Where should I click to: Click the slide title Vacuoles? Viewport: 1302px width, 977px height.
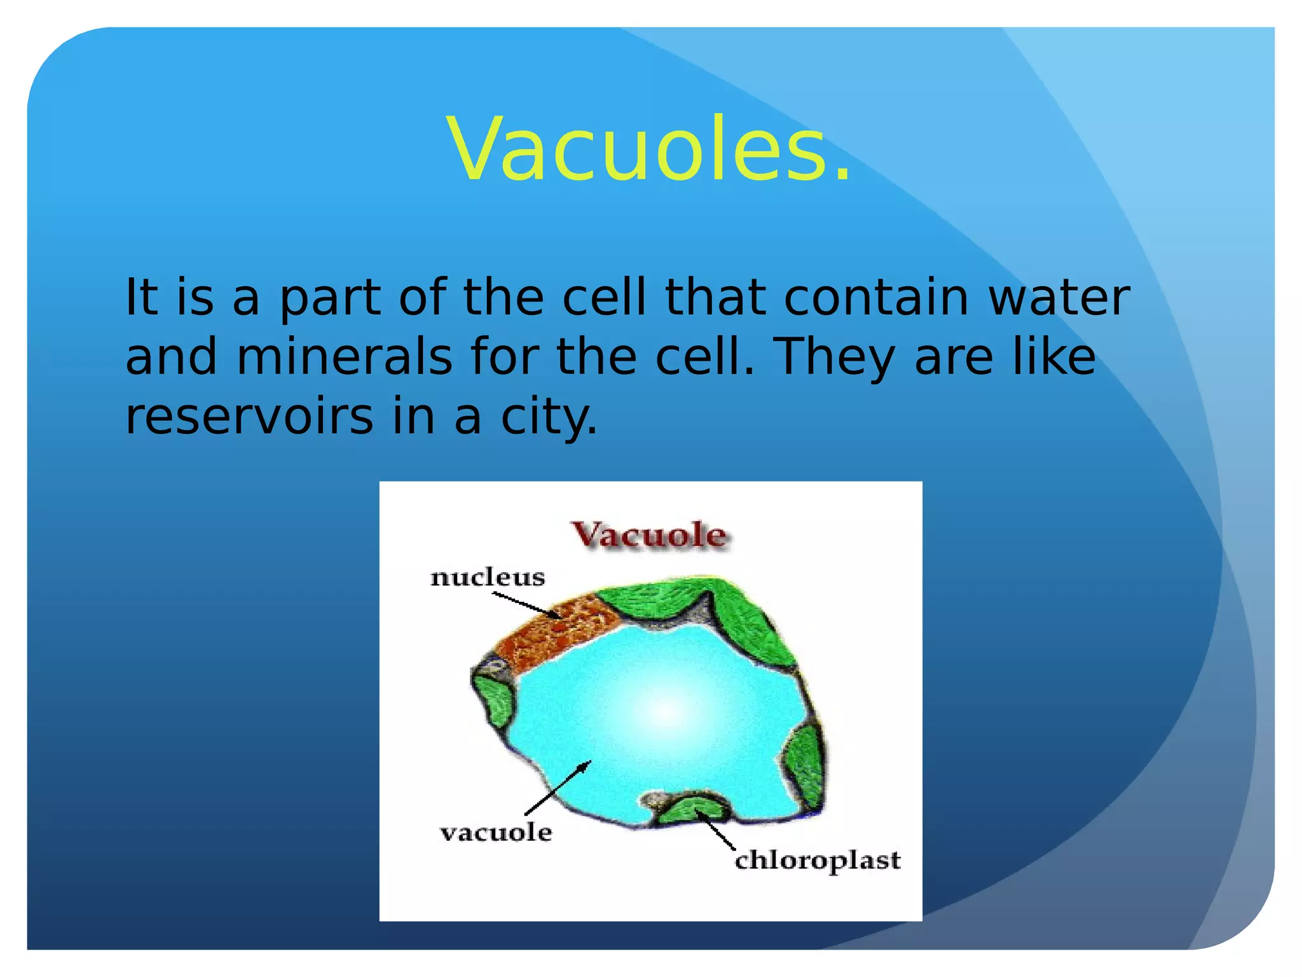point(648,149)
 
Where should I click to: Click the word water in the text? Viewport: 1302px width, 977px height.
point(1059,298)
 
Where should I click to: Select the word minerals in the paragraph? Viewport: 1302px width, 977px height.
point(344,357)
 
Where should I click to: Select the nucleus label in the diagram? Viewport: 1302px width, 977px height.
point(488,578)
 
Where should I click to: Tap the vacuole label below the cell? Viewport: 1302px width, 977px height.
point(496,832)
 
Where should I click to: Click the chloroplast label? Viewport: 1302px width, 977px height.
point(818,861)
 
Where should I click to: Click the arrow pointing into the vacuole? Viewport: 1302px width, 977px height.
point(558,787)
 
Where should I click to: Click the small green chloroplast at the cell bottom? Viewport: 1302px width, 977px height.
point(693,810)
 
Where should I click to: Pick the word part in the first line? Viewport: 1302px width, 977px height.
point(330,298)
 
